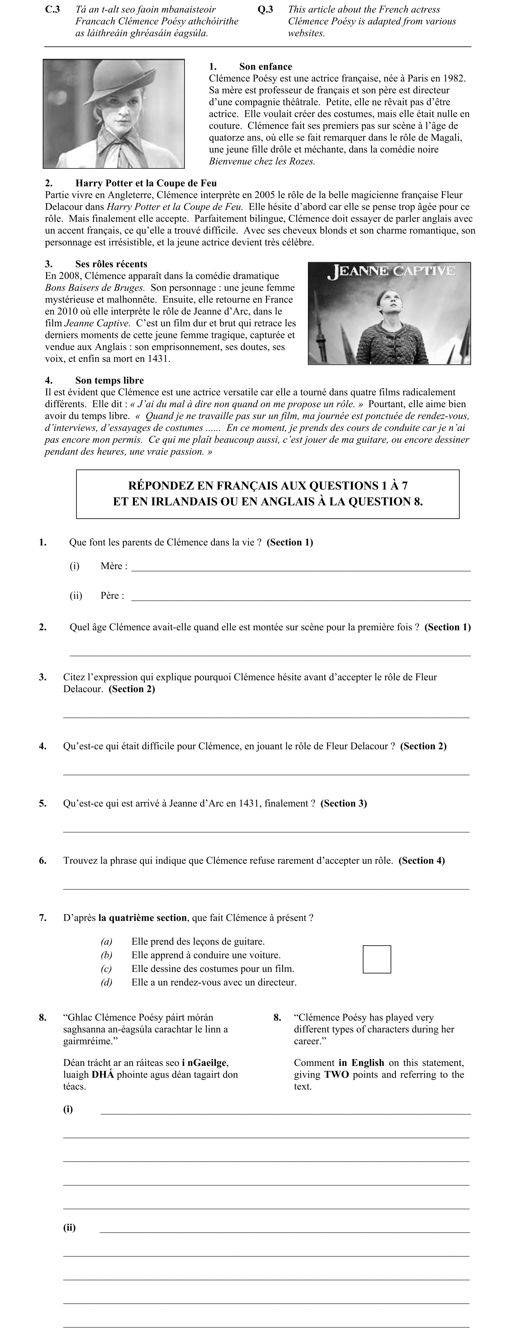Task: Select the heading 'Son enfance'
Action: [265, 66]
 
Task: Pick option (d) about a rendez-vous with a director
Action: [213, 982]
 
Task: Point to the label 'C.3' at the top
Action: [53, 9]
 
